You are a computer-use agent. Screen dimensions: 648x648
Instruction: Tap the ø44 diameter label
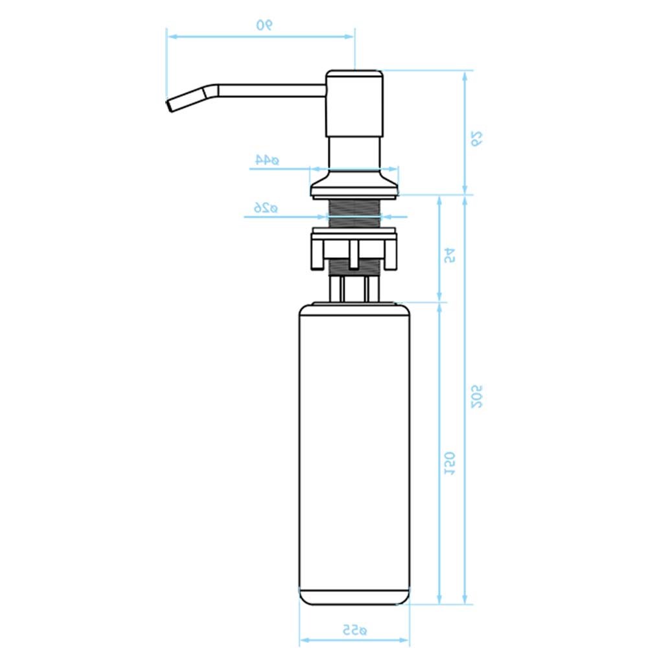[267, 159]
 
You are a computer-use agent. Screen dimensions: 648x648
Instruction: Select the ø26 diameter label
[266, 207]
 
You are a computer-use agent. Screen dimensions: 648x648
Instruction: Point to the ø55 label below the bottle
[354, 630]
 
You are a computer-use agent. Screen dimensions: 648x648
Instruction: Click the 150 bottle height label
[450, 464]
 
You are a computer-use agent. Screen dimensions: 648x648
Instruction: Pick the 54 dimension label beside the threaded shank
[450, 255]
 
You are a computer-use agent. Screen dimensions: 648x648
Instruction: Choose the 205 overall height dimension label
[476, 397]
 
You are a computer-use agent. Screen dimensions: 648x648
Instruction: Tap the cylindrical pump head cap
[354, 103]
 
